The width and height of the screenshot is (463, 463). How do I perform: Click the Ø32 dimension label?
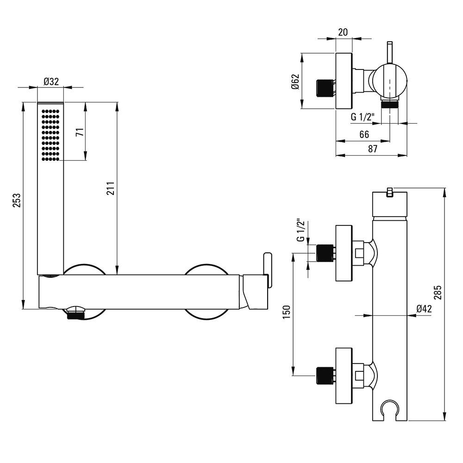pos(51,81)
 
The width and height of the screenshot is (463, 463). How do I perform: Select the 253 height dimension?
pos(17,200)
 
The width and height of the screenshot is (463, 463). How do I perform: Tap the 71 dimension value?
pos(80,132)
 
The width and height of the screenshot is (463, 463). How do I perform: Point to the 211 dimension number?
pos(110,188)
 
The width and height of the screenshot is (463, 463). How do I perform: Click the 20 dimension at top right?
pos(343,32)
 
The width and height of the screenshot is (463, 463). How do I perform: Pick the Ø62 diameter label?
pos(295,81)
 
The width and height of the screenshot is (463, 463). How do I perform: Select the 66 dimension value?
pos(364,135)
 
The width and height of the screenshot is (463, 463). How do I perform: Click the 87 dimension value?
pos(373,149)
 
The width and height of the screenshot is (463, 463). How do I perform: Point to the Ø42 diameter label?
pos(424,309)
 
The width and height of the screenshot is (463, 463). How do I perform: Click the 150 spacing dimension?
pos(287,312)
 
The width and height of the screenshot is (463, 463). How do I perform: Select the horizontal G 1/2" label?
pos(363,117)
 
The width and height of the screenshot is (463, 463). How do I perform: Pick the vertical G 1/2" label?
pos(300,230)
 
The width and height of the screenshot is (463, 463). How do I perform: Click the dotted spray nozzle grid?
pos(50,135)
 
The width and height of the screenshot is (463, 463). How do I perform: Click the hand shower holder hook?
pos(390,409)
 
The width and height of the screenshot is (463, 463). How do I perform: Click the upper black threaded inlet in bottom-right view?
pos(325,253)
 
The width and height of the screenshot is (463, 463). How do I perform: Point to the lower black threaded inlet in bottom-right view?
pos(325,376)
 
